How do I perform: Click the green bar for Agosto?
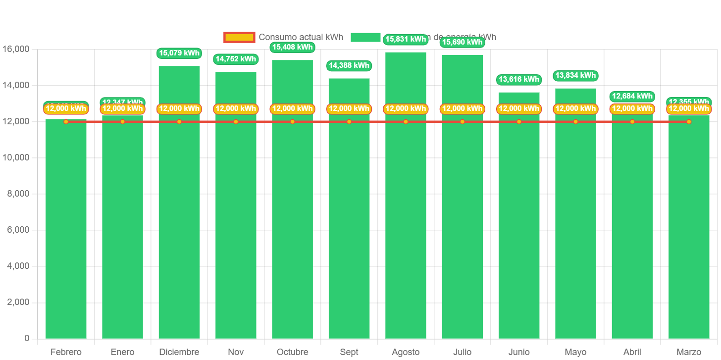click(x=406, y=223)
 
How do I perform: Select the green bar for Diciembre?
click(x=179, y=223)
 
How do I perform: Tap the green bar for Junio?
click(x=519, y=223)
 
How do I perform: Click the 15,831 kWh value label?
click(x=406, y=40)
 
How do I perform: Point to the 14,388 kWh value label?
click(x=349, y=65)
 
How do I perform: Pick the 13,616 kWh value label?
click(x=519, y=79)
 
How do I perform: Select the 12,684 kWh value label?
click(x=632, y=96)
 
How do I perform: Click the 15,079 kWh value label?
click(x=179, y=53)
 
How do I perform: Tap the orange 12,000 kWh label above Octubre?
click(x=293, y=108)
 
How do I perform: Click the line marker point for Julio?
click(x=463, y=122)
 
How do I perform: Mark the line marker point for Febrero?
click(x=66, y=122)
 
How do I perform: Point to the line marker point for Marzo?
click(x=689, y=122)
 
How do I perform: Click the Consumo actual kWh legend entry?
click(x=283, y=38)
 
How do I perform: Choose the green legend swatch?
click(x=365, y=38)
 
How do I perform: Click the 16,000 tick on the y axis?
click(x=16, y=49)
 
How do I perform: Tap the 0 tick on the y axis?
click(x=27, y=338)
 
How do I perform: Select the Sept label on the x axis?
click(x=349, y=352)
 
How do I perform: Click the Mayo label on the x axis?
click(x=575, y=352)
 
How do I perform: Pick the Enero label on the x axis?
click(x=122, y=352)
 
